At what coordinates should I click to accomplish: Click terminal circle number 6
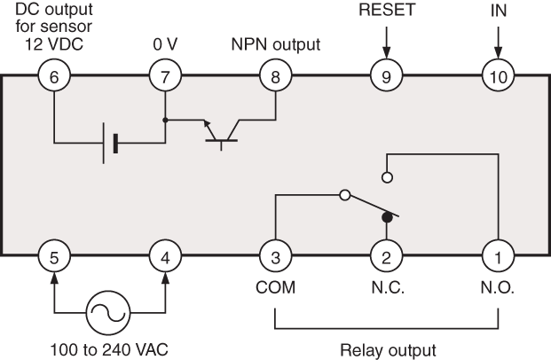pyautogui.click(x=54, y=76)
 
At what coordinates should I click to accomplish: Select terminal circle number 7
pyautogui.click(x=164, y=76)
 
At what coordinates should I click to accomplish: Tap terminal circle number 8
pyautogui.click(x=275, y=76)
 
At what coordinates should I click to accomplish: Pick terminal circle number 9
pyautogui.click(x=386, y=76)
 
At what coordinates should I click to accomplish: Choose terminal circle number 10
pyautogui.click(x=497, y=76)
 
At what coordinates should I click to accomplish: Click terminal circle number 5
pyautogui.click(x=54, y=259)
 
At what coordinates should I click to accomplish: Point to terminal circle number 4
pyautogui.click(x=164, y=259)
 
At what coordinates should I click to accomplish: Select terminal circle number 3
pyautogui.click(x=275, y=259)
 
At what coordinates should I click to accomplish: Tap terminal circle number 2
pyautogui.click(x=386, y=259)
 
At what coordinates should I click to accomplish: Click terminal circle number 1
pyautogui.click(x=497, y=259)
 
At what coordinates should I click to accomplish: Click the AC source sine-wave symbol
pyautogui.click(x=109, y=312)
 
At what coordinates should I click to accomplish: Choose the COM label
pyautogui.click(x=275, y=289)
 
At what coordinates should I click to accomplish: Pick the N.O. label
pyautogui.click(x=497, y=289)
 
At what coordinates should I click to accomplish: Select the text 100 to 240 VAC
pyautogui.click(x=109, y=348)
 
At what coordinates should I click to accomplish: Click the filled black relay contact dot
pyautogui.click(x=386, y=216)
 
